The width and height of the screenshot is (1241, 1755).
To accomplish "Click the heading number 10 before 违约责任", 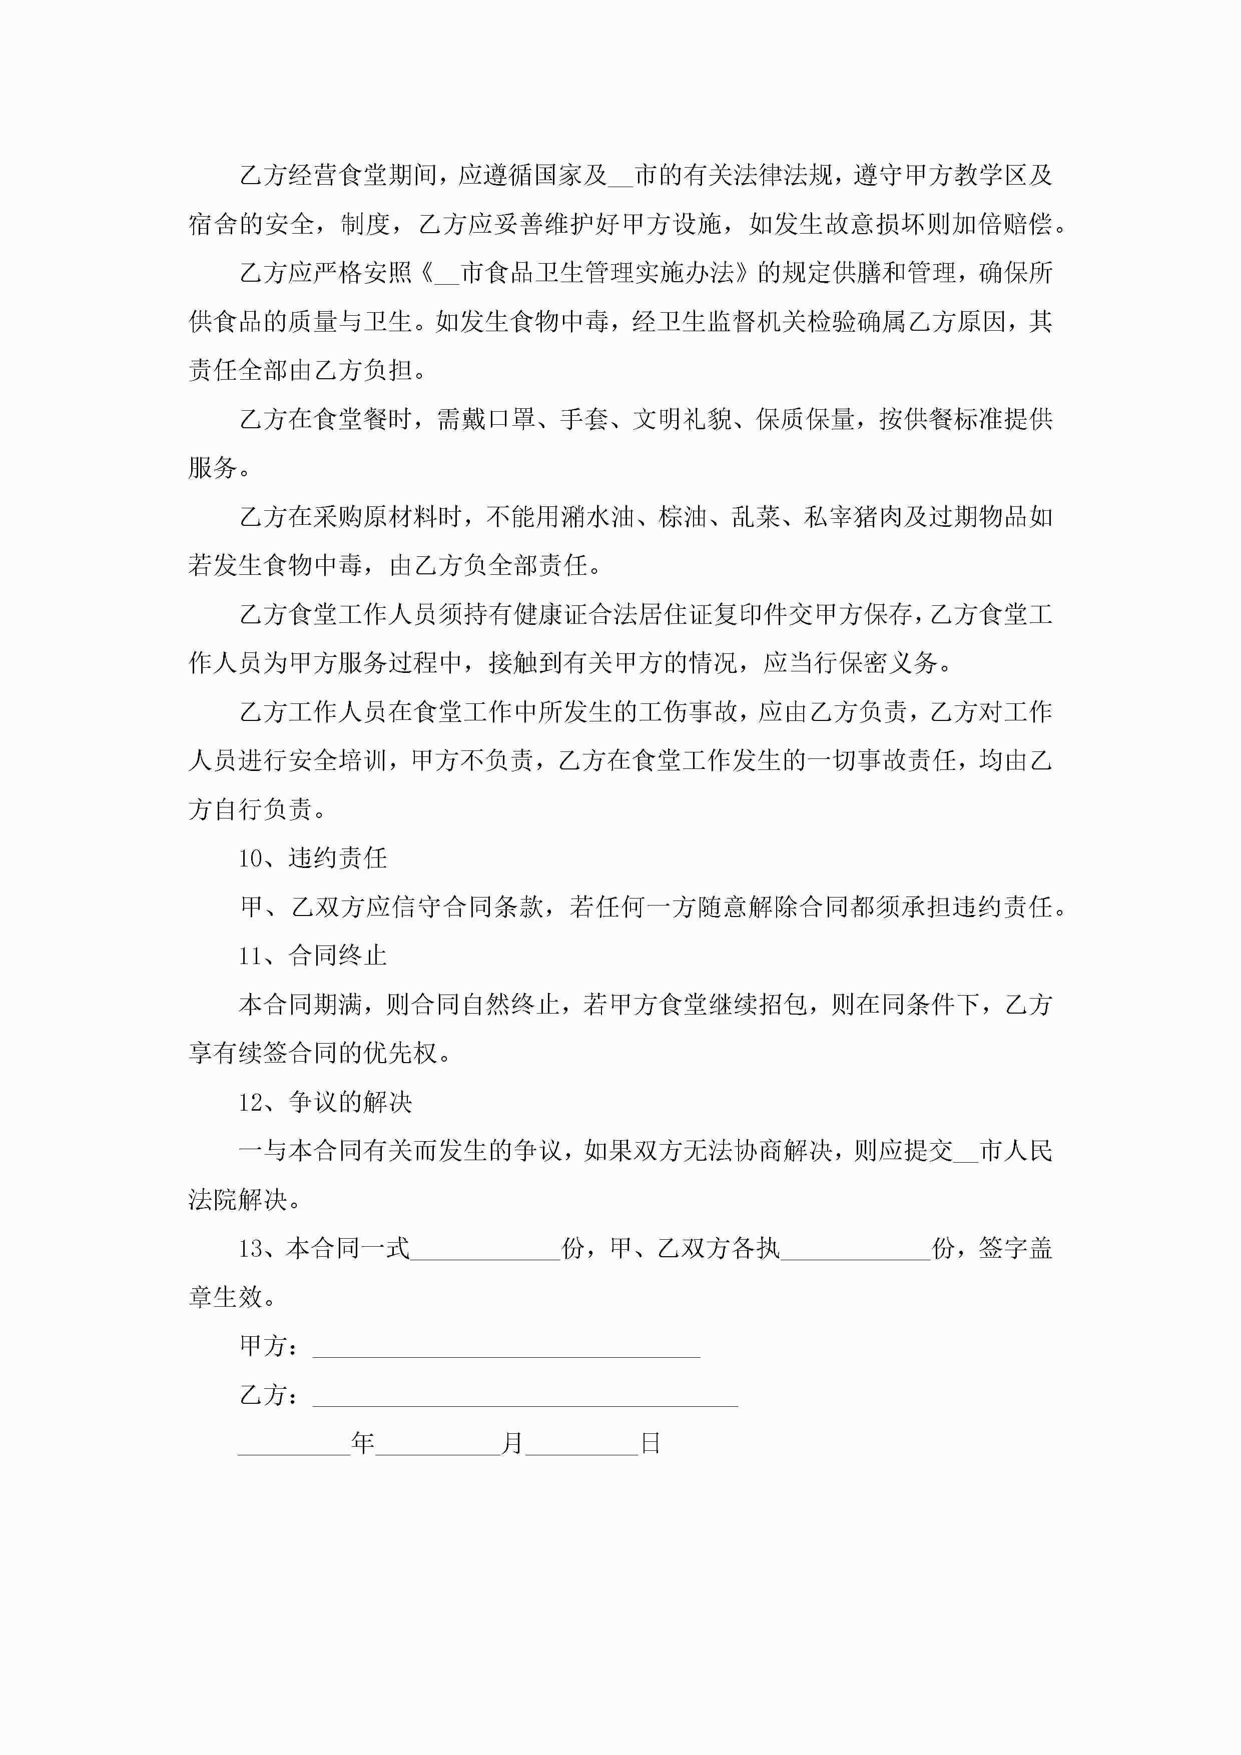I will [x=250, y=858].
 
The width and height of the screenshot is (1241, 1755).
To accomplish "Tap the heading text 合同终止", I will [x=337, y=956].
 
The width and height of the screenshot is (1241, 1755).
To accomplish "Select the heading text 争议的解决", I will [x=350, y=1102].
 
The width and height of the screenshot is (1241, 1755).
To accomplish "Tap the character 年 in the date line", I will [x=362, y=1443].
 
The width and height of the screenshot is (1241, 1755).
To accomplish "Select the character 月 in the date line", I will [x=512, y=1443].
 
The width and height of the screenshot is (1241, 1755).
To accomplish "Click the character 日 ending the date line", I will [x=650, y=1443].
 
